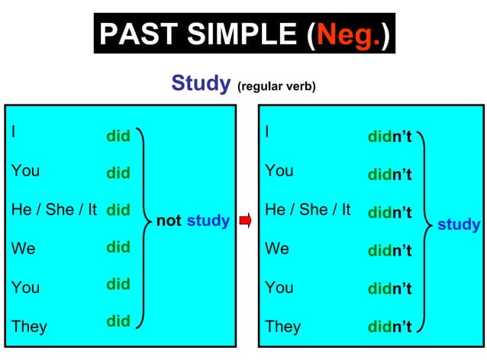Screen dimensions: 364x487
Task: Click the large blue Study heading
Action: click(x=201, y=82)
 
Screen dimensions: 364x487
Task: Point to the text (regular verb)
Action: click(x=276, y=85)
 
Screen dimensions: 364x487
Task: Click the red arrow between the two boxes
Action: click(x=245, y=221)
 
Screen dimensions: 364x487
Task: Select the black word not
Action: click(x=169, y=221)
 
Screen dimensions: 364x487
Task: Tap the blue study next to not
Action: click(x=208, y=221)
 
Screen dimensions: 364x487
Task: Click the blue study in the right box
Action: click(x=459, y=224)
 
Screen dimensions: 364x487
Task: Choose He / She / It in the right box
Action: click(x=308, y=209)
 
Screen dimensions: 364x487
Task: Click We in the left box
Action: click(x=24, y=249)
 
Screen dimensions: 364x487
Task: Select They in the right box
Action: click(x=282, y=327)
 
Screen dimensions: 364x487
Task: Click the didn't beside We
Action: click(x=389, y=250)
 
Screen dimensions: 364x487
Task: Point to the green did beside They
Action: click(x=118, y=321)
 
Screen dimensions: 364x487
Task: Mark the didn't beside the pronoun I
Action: click(x=389, y=137)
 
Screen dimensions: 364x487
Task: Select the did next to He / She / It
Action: click(x=118, y=210)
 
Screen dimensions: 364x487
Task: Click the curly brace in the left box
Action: click(x=144, y=225)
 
